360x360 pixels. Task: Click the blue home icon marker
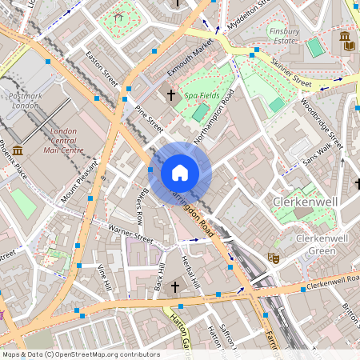coord(180,172)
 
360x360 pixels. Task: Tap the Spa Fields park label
coord(202,94)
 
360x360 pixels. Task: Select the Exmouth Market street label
coord(190,58)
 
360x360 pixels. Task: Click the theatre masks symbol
coord(273,258)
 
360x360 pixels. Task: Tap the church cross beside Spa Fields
coord(170,95)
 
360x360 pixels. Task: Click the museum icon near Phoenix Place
coord(18,150)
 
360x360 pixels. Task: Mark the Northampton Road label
coord(214,116)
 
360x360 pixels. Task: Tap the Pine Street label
coord(149,118)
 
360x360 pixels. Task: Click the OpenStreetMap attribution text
coord(80,354)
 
